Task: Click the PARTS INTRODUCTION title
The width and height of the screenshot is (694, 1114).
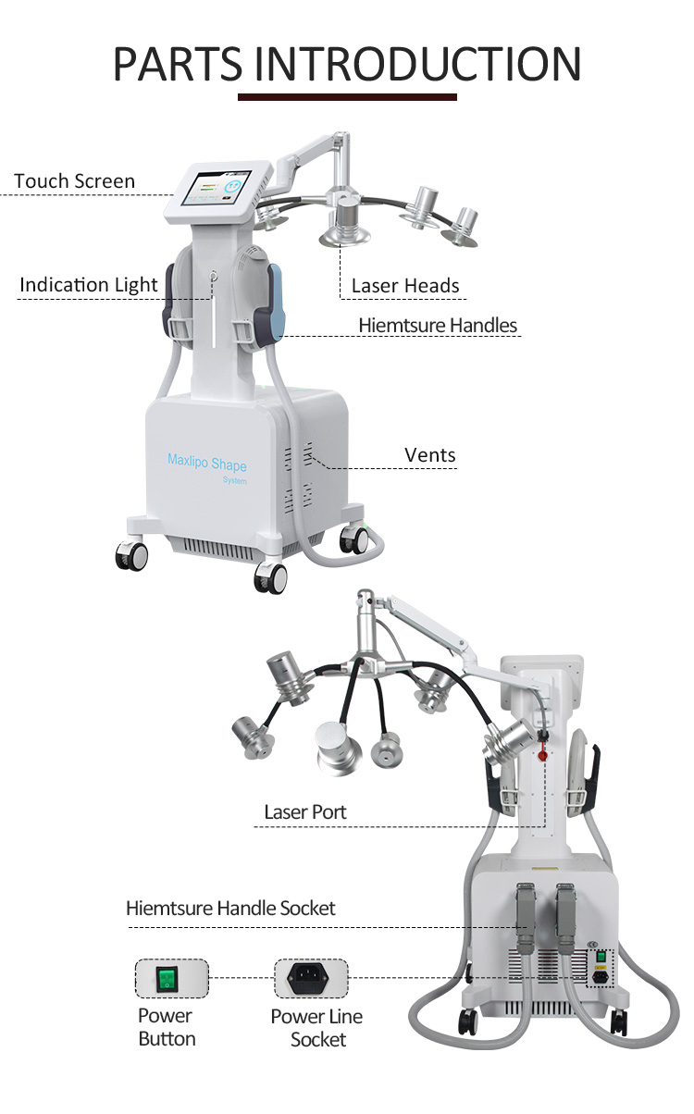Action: coord(347,62)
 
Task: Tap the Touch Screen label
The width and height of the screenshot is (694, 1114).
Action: coord(74,181)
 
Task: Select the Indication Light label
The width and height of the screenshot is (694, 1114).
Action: coord(89,285)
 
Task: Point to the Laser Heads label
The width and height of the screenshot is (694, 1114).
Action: coord(405,286)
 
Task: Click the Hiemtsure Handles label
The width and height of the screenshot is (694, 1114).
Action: coord(438,326)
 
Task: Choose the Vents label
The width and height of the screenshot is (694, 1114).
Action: coord(430,455)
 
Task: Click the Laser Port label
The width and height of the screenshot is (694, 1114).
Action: coord(304,812)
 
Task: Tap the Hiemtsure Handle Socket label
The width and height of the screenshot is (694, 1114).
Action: coord(230,909)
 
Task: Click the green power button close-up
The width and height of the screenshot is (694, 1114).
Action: coord(172,979)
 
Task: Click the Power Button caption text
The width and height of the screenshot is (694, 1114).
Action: coord(167,1027)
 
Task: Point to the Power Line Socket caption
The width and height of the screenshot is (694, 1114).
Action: coord(316,1028)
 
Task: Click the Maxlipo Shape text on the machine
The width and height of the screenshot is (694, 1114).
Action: coord(206,462)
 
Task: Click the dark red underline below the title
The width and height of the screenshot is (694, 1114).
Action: coord(347,96)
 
